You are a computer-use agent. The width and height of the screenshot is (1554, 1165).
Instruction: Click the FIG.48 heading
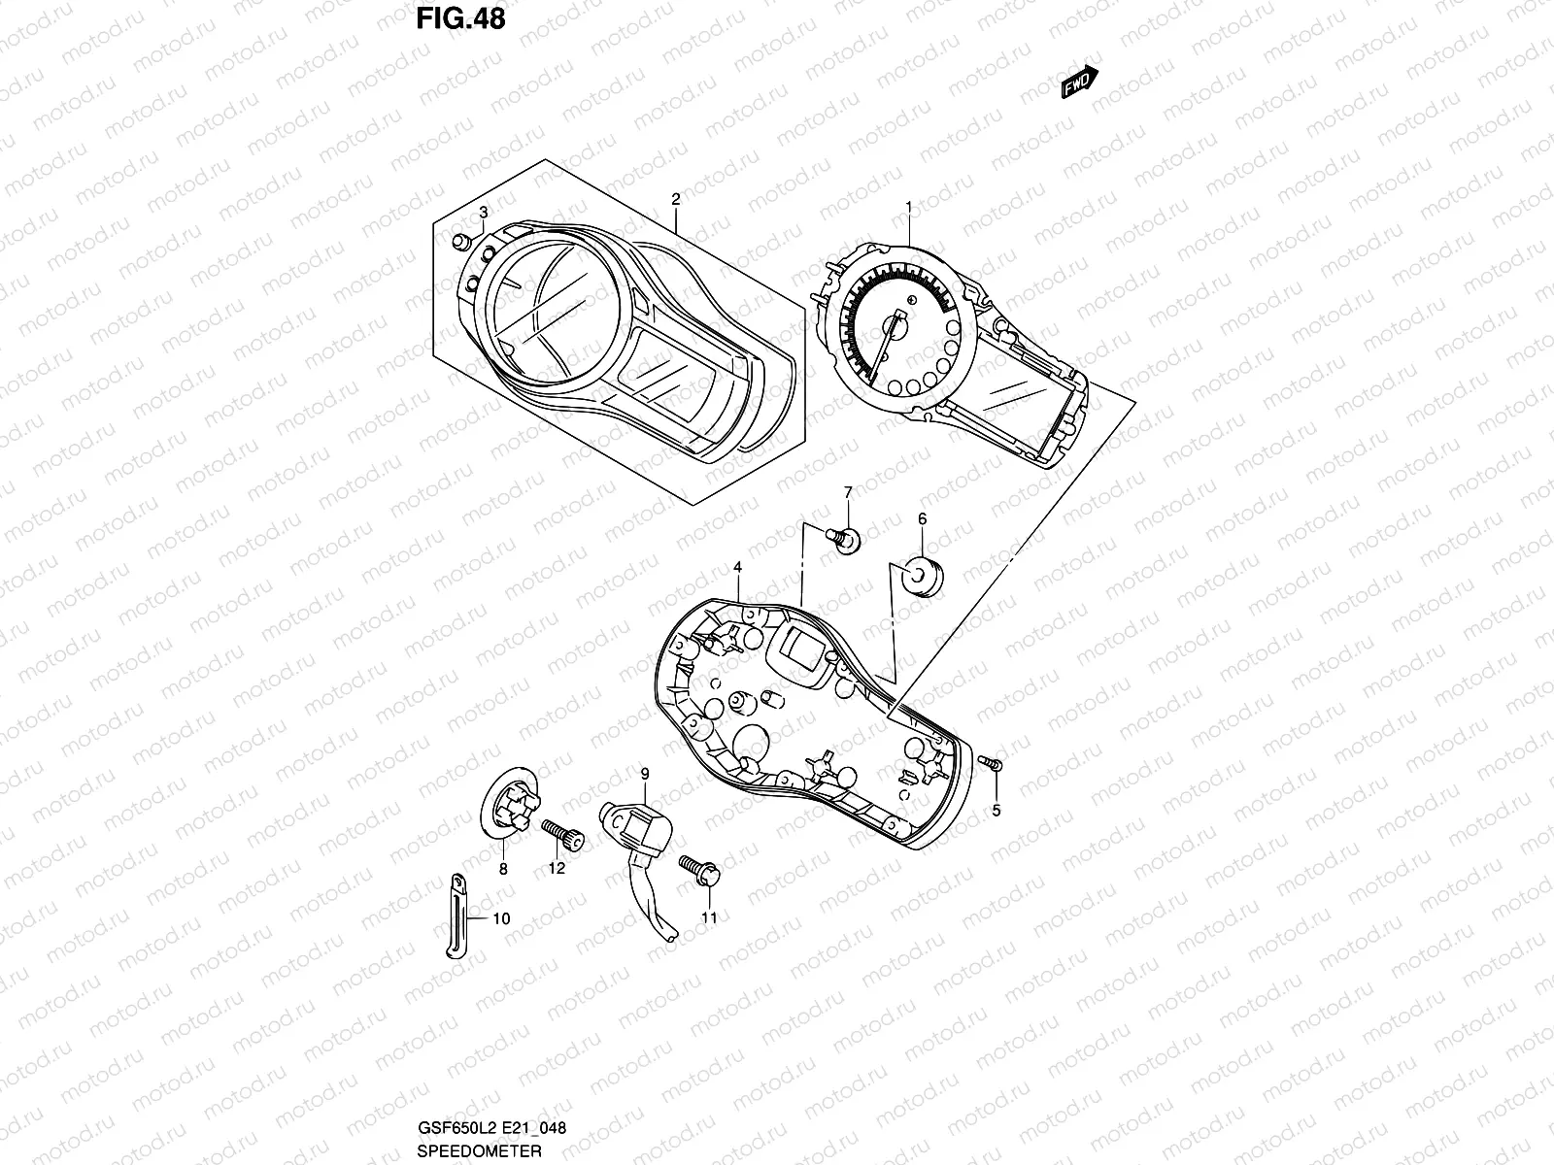tap(460, 18)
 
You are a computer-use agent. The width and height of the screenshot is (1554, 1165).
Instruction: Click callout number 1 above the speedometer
tap(909, 206)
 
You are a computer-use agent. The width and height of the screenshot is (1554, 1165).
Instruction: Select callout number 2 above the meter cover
tap(675, 198)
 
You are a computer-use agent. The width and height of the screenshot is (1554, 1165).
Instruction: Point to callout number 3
tap(484, 213)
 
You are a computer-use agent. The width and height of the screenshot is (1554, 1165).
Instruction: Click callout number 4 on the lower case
tap(738, 566)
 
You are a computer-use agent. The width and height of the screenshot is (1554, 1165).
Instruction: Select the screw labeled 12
tap(564, 836)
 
